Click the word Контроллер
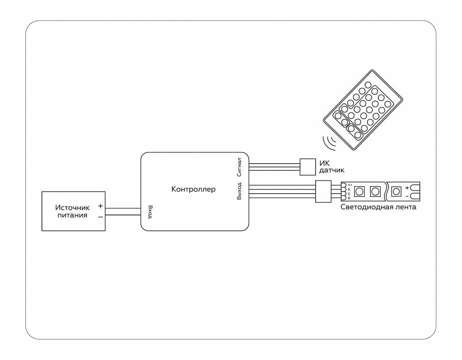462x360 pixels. click(x=193, y=189)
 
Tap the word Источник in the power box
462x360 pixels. click(x=72, y=207)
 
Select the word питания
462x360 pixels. click(x=72, y=215)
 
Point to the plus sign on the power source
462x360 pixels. click(x=100, y=206)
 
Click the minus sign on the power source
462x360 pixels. click(x=100, y=216)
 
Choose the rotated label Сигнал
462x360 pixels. click(x=240, y=167)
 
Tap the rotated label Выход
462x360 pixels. click(x=240, y=191)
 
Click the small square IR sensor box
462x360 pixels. click(x=307, y=166)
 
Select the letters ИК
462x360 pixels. click(x=324, y=163)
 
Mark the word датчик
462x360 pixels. click(x=332, y=170)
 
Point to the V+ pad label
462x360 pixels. click(x=349, y=185)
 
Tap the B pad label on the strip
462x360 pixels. click(x=349, y=198)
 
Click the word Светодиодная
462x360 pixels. click(x=365, y=207)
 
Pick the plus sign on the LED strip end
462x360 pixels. click(x=408, y=187)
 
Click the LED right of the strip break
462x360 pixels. click(x=397, y=191)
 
